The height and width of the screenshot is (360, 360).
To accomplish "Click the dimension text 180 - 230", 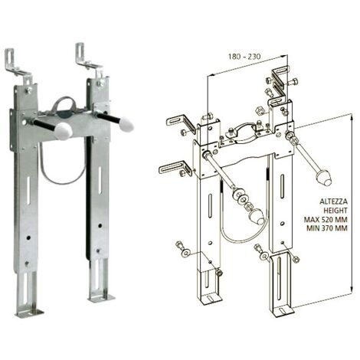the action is (244, 57).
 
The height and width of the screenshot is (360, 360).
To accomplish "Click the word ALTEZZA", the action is (333, 201).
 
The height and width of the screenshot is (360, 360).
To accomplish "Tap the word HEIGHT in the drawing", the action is (335, 211).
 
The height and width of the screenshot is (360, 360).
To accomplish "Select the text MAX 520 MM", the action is (326, 219).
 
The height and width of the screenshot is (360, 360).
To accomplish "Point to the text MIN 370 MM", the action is (327, 228).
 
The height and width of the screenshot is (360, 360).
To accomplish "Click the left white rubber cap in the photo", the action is (64, 131).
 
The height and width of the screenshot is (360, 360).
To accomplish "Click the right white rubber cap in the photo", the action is (126, 123).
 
